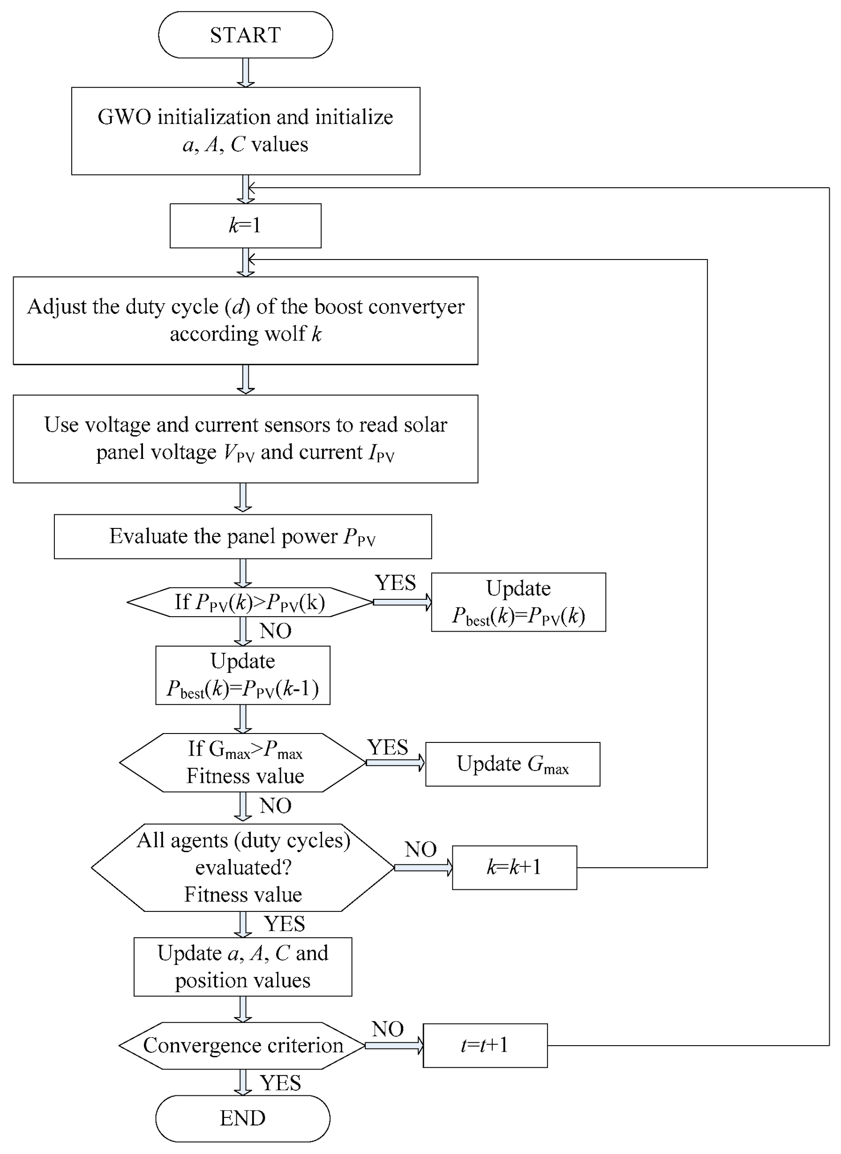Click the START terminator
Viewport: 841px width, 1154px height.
tap(245, 35)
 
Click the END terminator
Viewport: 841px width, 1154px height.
tap(242, 1118)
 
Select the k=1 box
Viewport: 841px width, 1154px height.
tap(245, 226)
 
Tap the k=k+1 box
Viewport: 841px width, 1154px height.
tap(514, 867)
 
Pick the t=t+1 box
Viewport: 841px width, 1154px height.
tap(485, 1046)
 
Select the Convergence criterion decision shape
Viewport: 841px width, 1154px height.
tap(242, 1046)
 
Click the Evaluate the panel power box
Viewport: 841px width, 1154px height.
tap(242, 536)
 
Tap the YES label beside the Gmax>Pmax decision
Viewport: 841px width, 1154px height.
tap(388, 748)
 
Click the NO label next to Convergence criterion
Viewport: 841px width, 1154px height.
tap(387, 1029)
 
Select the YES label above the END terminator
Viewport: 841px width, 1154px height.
tap(280, 1083)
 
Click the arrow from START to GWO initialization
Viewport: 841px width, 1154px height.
tap(245, 72)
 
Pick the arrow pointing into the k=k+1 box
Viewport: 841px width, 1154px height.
tap(423, 867)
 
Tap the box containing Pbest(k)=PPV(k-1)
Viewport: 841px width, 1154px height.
tap(242, 675)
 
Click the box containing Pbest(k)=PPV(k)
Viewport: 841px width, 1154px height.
tap(518, 602)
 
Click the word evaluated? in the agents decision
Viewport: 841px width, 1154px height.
tap(243, 867)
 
